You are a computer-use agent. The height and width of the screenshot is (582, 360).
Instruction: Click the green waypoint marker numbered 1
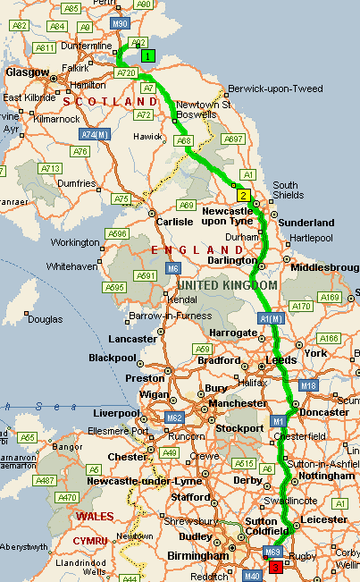pyautogui.click(x=148, y=55)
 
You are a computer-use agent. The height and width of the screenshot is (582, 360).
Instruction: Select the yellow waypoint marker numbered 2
pyautogui.click(x=242, y=195)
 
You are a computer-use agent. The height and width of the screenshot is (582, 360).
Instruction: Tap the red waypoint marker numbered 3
pyautogui.click(x=275, y=567)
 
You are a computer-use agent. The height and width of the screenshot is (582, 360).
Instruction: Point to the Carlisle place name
pyautogui.click(x=175, y=221)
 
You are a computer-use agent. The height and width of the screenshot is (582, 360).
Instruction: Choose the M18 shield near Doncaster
pyautogui.click(x=309, y=385)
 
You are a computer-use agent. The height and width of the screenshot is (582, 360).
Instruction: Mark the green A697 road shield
pyautogui.click(x=233, y=139)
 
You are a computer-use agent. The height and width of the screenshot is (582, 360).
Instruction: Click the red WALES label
pyautogui.click(x=95, y=516)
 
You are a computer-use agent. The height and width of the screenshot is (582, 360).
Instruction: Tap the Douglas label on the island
pyautogui.click(x=45, y=318)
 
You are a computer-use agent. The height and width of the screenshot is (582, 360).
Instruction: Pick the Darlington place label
pyautogui.click(x=231, y=260)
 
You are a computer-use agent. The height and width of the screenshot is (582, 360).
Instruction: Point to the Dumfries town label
pyautogui.click(x=72, y=183)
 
